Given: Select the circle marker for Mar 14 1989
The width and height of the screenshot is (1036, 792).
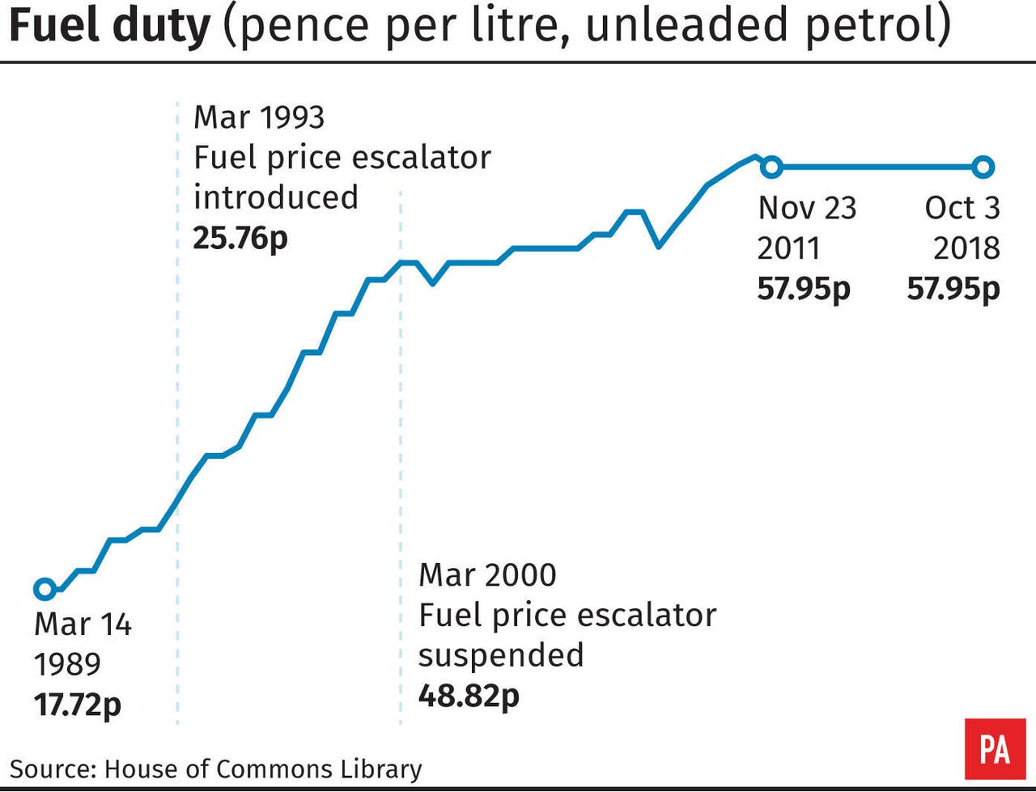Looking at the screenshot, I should [x=45, y=588].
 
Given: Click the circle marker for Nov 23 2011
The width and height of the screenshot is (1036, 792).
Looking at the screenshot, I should [x=771, y=167].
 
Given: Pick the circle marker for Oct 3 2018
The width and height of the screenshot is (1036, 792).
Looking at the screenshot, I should [x=983, y=167].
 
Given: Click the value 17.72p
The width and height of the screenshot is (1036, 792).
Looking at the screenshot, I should [x=77, y=704].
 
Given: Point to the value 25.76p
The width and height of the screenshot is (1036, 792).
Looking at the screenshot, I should [x=240, y=238].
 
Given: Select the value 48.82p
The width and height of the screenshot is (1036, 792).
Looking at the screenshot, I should [x=469, y=695].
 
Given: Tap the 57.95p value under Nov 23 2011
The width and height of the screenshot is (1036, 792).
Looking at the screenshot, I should [x=804, y=288].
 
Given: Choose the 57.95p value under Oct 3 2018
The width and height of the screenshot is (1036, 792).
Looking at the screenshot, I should [x=953, y=288].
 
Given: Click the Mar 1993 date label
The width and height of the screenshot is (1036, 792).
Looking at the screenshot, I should [x=259, y=117].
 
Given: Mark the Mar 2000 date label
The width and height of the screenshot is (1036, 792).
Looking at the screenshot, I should [x=487, y=575].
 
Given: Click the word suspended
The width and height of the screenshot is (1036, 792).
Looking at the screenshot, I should [x=501, y=654].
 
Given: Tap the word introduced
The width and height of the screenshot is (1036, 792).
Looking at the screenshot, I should [x=275, y=197].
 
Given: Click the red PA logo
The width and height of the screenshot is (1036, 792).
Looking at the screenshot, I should [x=994, y=748].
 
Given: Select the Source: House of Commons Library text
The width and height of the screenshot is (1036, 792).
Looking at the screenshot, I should [x=216, y=769].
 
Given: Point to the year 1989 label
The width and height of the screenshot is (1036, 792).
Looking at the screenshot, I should [x=67, y=664].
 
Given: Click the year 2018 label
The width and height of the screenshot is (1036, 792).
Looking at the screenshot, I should [x=966, y=248].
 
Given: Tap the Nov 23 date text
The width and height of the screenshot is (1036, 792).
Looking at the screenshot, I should [x=807, y=208].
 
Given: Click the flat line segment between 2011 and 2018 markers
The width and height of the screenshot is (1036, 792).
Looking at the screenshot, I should [x=877, y=167].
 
